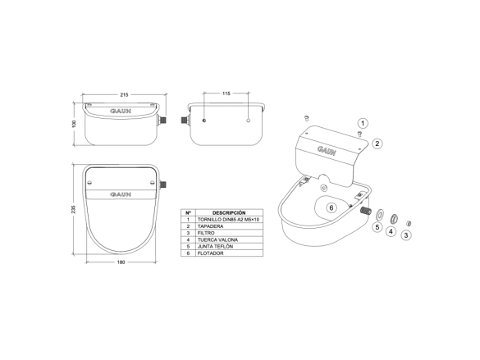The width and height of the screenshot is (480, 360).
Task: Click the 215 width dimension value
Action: pos(124,95)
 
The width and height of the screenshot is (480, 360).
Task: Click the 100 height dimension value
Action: pos(74,124)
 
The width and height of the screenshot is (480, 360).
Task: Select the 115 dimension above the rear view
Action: pos(226,93)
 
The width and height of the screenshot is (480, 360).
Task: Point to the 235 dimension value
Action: pos(73,209)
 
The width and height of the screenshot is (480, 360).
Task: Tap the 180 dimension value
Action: pos(121,262)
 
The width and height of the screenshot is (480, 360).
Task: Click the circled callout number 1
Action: pos(363,123)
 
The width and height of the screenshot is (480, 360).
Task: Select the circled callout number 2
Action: pos(377,144)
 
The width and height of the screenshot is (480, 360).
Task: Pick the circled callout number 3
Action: pos(406,235)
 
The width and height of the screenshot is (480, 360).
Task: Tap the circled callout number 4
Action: pos(391,231)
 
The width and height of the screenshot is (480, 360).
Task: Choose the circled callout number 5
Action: pos(377,227)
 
